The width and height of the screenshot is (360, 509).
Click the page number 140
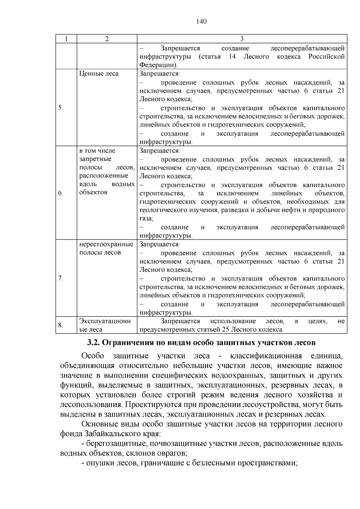click(x=202, y=21)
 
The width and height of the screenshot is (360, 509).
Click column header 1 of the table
click(x=66, y=39)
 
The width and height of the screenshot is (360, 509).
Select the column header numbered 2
click(x=107, y=39)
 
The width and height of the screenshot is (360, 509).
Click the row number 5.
click(x=61, y=108)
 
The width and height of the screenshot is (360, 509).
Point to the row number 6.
click(x=61, y=193)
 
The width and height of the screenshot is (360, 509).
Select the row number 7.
click(x=61, y=278)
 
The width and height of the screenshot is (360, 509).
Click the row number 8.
click(x=61, y=325)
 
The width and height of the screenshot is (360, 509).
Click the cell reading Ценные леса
click(x=99, y=74)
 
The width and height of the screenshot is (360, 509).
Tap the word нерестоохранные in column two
click(x=106, y=244)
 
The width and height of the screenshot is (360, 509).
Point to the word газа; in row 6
click(x=146, y=219)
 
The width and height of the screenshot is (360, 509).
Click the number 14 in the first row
click(x=232, y=57)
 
